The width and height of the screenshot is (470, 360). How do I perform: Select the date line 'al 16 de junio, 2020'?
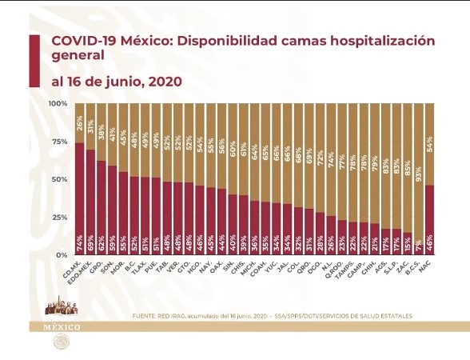pos(117,82)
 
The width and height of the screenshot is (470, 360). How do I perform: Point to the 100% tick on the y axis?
pos(58,104)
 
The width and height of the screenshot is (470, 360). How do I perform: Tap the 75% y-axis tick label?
pos(59,142)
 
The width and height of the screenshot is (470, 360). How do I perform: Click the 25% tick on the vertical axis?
pos(59,217)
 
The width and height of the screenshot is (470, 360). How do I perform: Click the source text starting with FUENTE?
pos(272,316)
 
